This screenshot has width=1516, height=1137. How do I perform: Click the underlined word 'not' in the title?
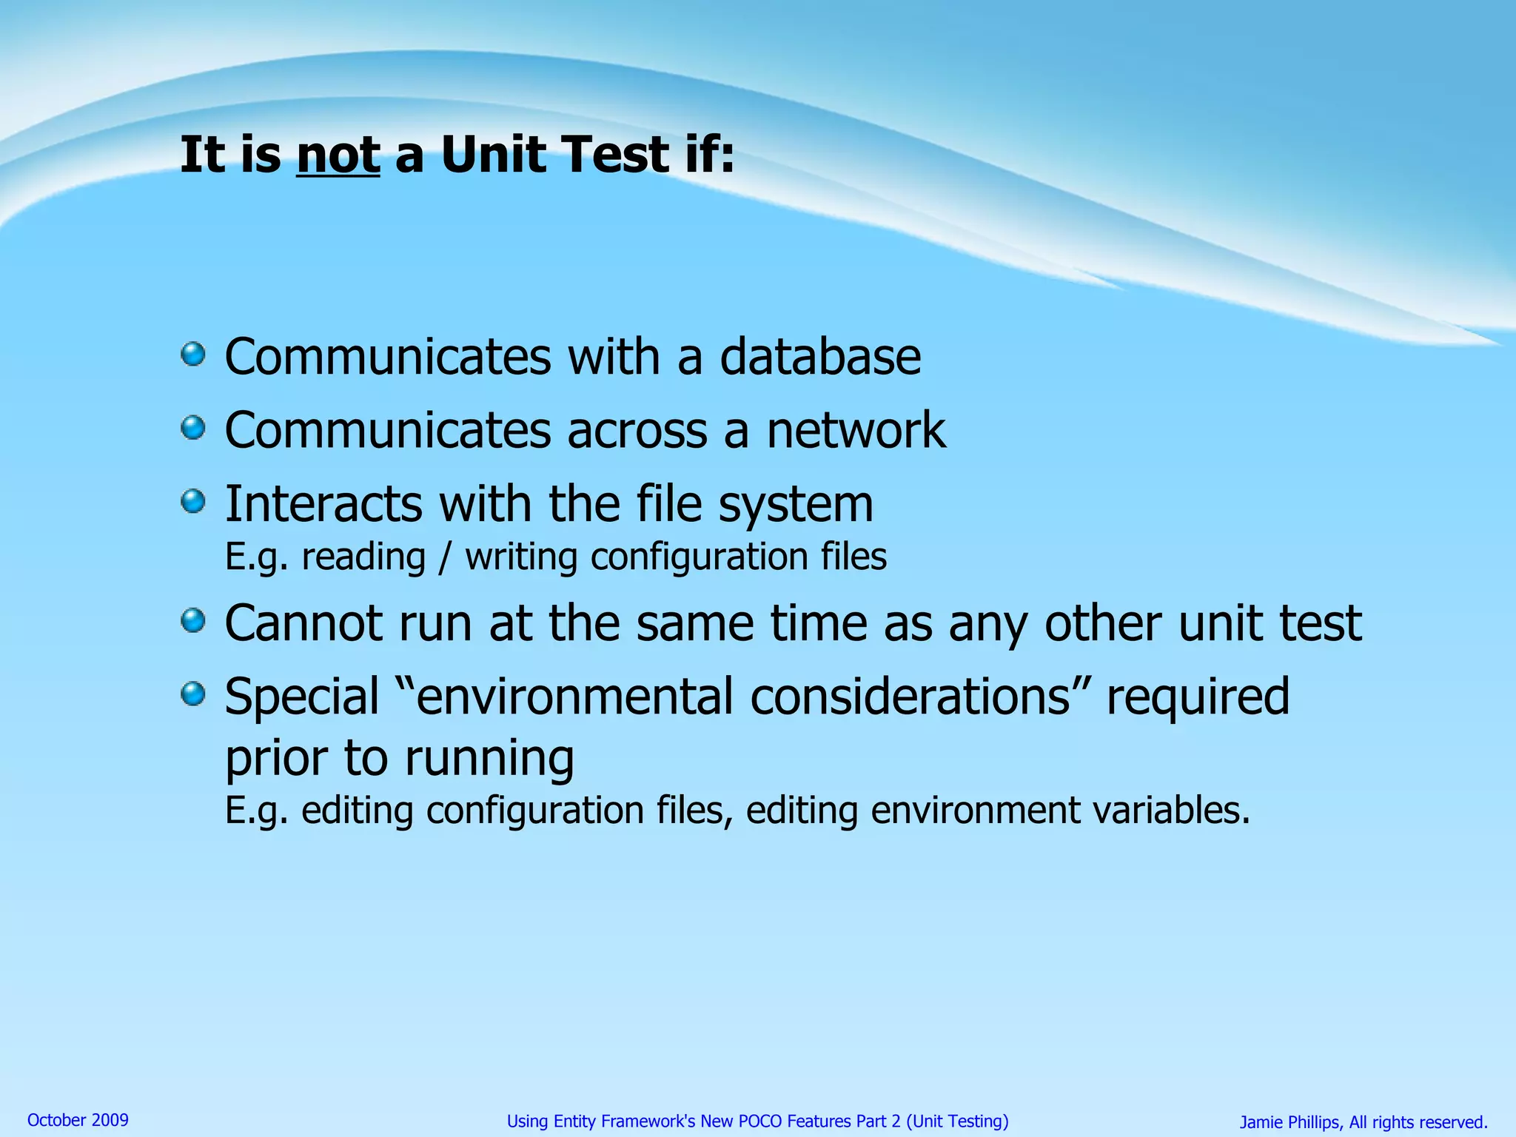(x=338, y=155)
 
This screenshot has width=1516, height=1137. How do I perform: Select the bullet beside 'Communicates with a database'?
(x=193, y=354)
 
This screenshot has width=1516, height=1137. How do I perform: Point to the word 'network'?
(x=856, y=430)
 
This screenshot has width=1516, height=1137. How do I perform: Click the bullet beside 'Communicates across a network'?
(x=193, y=427)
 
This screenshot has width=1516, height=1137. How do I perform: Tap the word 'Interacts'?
(x=323, y=504)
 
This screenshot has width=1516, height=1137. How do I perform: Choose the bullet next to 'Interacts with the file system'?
(x=193, y=501)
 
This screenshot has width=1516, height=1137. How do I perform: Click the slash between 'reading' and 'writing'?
(x=444, y=557)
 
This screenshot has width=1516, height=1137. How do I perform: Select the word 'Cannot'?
(x=303, y=623)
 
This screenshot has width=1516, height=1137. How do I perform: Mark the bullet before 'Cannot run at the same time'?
(x=193, y=620)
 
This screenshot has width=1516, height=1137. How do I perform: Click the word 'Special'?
(x=301, y=697)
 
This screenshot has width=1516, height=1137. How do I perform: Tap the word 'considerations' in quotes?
(x=910, y=697)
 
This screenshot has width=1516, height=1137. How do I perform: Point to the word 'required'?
(x=1197, y=697)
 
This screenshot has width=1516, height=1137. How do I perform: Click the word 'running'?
(x=489, y=759)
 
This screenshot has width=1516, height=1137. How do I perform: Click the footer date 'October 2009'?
(x=78, y=1120)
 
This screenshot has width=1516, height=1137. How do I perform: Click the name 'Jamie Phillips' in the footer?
(x=1289, y=1122)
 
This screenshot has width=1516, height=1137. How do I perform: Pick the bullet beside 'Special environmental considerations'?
(x=193, y=694)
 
